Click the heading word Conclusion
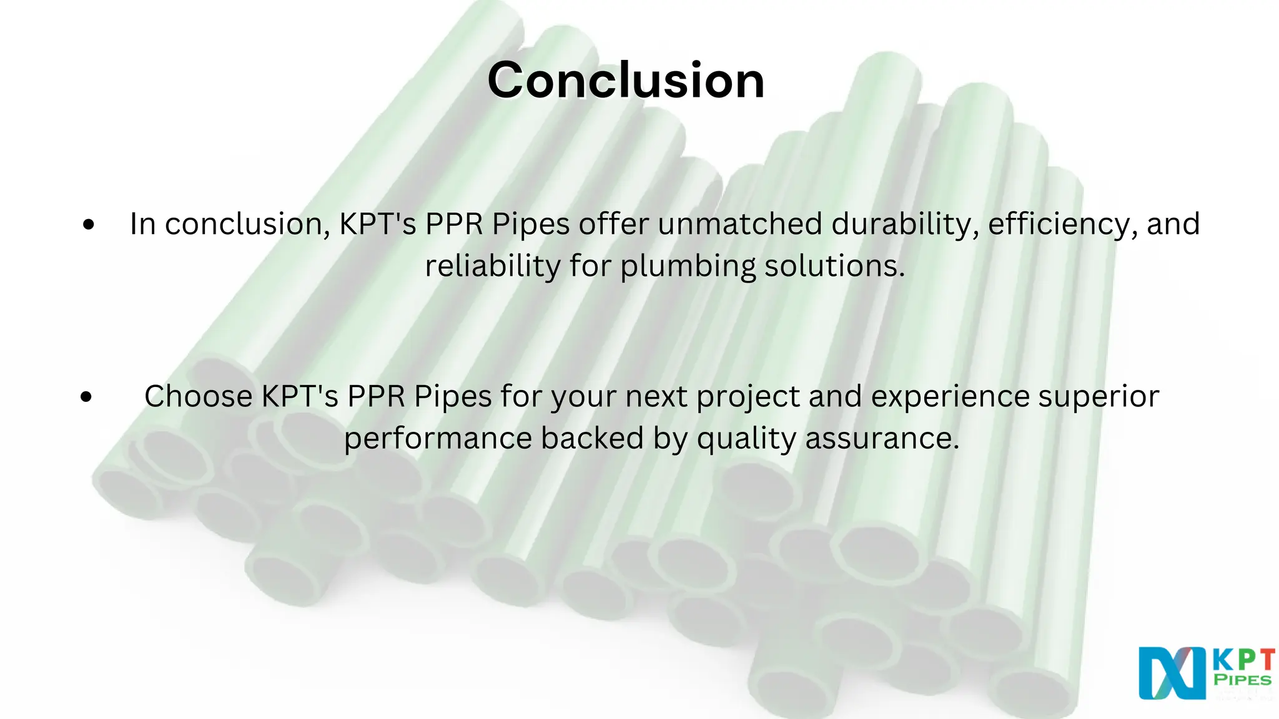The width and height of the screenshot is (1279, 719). coord(626,81)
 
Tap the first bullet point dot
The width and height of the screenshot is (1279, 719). coord(88,224)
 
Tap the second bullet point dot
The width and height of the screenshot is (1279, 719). coord(87,396)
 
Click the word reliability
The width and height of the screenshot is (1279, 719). coord(492,266)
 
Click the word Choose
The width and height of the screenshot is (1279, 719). coord(198,396)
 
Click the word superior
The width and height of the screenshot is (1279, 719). coord(1099,396)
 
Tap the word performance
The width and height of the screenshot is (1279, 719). coord(437,438)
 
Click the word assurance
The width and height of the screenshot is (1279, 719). coord(881,438)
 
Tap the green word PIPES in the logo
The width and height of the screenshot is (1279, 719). coord(1242,680)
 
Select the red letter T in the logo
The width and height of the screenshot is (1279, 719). coord(1265,660)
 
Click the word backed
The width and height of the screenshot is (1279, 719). coord(592,438)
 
